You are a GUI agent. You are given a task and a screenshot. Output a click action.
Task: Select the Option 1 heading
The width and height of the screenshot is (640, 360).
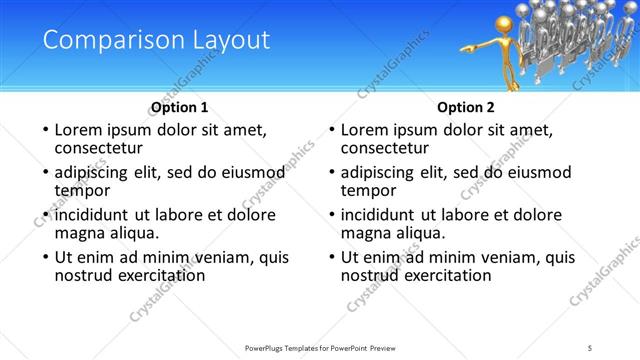tap(180, 107)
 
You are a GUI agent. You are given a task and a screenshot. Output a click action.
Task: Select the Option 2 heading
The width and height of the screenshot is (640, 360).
tap(466, 107)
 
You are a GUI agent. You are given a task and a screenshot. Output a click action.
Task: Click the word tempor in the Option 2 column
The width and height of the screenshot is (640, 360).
tap(369, 189)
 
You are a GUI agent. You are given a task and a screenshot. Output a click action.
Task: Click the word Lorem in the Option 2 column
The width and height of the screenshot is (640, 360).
tap(366, 130)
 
